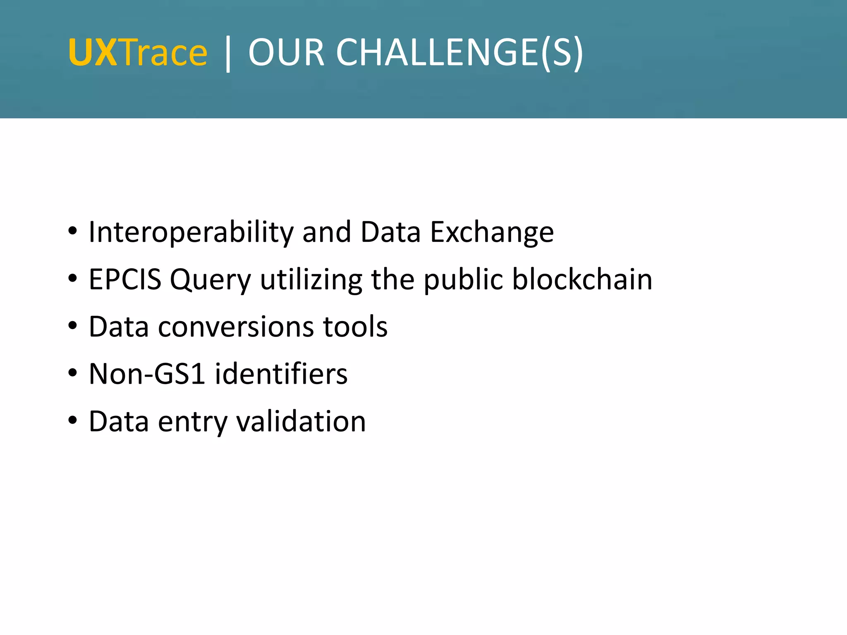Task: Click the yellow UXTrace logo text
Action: click(x=138, y=53)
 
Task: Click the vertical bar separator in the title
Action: click(x=228, y=54)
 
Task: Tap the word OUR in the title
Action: click(x=286, y=53)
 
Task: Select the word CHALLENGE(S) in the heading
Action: click(x=459, y=53)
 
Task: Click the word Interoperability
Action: click(x=191, y=232)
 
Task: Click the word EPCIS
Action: click(x=125, y=279)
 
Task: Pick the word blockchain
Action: click(x=582, y=279)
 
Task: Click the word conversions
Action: click(x=236, y=327)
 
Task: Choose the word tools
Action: click(x=355, y=327)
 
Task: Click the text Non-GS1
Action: click(x=147, y=374)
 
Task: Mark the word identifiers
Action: click(x=281, y=374)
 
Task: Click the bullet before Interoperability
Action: click(x=73, y=232)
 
